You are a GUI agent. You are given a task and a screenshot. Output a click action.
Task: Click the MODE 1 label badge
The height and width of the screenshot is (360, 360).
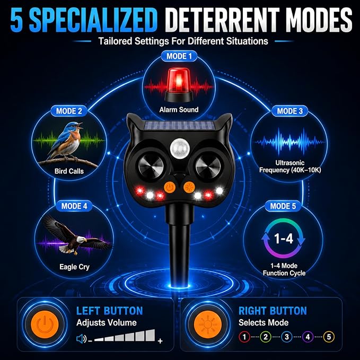pos(179,56)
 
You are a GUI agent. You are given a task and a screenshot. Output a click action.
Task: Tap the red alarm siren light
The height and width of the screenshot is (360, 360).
pos(178,85)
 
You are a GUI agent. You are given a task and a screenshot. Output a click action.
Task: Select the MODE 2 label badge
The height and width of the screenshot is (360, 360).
pos(69,111)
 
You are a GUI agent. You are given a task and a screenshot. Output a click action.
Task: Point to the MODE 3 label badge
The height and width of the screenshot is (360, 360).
pos(289,111)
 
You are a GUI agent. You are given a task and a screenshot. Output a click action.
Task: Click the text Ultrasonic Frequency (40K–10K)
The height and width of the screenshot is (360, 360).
pos(290,166)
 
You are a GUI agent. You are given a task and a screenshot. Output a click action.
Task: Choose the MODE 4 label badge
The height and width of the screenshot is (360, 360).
pos(74,206)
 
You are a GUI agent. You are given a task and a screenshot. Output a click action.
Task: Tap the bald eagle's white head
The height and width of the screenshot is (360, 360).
pos(81,240)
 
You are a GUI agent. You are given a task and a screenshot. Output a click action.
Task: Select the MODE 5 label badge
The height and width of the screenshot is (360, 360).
pos(283,206)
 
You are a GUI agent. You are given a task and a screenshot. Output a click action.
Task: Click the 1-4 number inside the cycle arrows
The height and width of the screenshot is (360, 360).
pos(284,238)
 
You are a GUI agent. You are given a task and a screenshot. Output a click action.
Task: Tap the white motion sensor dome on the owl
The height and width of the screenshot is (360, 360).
pos(179,148)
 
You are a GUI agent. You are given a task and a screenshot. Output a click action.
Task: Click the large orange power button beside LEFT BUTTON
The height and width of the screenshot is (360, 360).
pos(45,324)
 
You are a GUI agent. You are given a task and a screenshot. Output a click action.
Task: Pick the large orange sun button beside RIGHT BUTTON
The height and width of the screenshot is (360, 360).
pos(208,324)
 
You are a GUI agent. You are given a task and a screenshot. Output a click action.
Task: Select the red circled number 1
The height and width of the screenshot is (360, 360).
pos(244,337)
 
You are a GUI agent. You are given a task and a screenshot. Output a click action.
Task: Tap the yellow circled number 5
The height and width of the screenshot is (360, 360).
pos(329,337)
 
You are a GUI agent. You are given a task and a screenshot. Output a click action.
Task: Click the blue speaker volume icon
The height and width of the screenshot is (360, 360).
pos(81,339)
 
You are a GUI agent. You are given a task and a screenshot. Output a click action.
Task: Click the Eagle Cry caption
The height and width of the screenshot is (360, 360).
pos(74,267)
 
